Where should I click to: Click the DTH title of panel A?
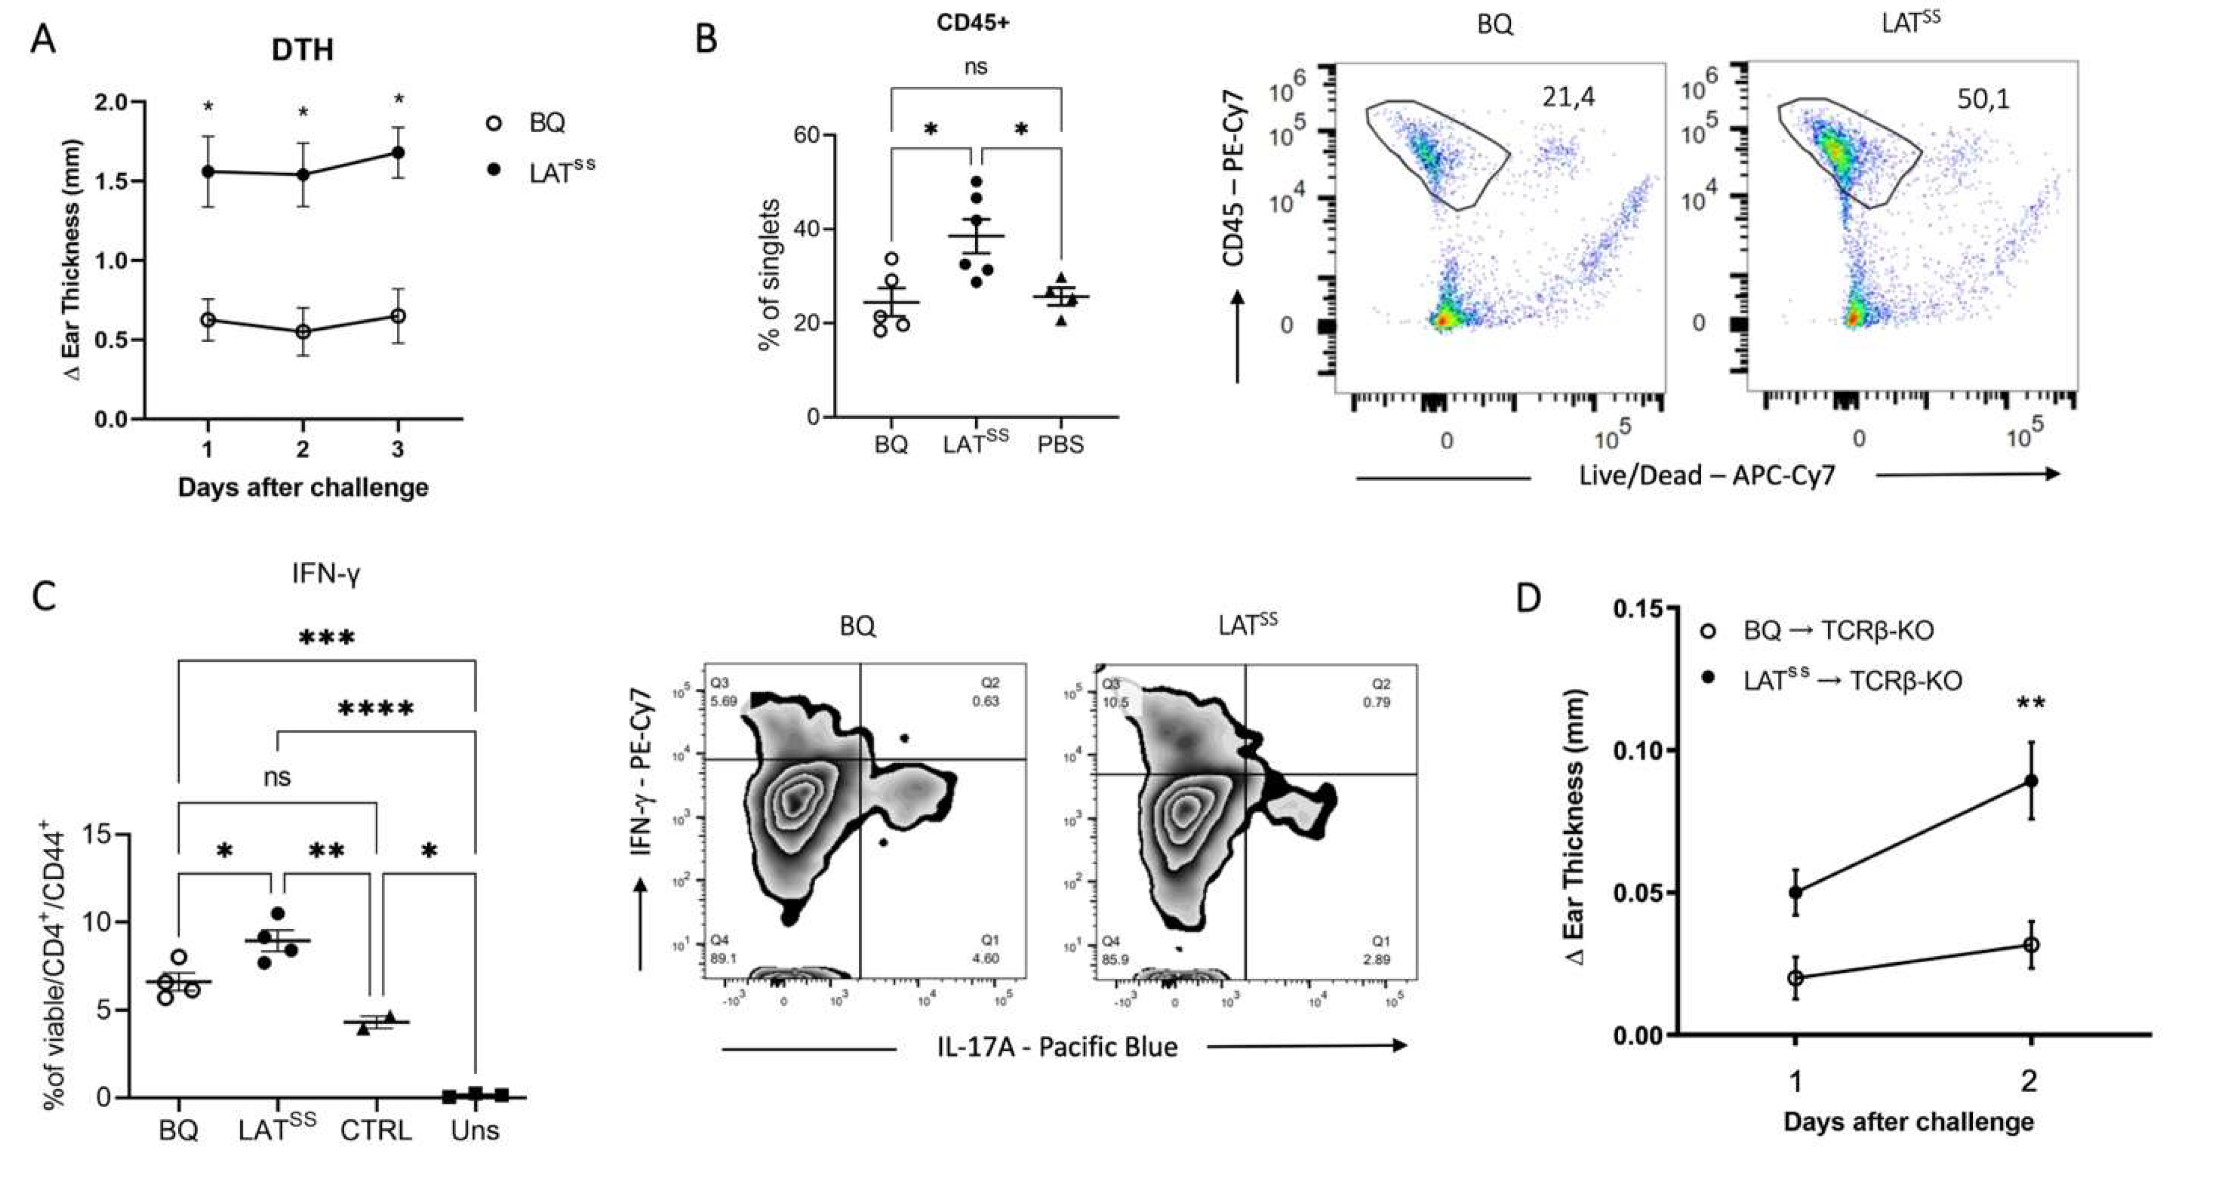[302, 50]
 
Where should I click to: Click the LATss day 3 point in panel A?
[398, 153]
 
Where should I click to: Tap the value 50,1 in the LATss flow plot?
[1983, 99]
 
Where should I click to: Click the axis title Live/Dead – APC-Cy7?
[1706, 475]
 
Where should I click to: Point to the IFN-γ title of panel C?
[325, 574]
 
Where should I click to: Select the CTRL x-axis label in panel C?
[375, 1130]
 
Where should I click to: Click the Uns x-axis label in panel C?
[475, 1130]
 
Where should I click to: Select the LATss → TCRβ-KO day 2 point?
[2032, 781]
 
